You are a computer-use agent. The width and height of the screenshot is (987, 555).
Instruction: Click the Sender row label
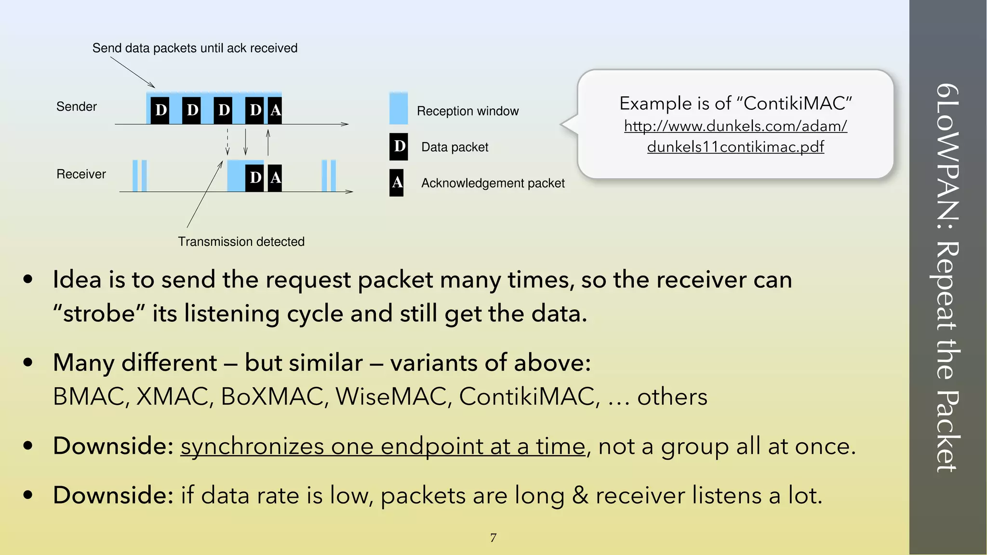[76, 106]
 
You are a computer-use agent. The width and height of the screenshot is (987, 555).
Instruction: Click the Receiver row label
[81, 174]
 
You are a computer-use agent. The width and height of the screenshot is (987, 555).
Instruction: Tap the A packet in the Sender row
[275, 110]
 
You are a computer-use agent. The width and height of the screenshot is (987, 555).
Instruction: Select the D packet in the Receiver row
[255, 178]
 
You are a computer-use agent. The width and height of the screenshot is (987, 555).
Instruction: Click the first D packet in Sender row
[160, 110]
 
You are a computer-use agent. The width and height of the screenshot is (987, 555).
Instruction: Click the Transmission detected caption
[241, 241]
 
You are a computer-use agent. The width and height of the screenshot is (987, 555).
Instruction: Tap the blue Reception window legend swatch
[398, 108]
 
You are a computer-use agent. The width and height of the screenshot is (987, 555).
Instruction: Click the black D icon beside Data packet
[399, 146]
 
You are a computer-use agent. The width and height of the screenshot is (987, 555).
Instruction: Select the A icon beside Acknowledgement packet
[397, 183]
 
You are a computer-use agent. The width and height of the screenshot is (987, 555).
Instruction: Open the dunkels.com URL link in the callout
[735, 136]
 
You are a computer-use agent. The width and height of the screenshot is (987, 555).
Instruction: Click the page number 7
[493, 538]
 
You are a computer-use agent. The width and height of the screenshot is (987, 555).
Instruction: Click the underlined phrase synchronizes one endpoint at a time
[383, 446]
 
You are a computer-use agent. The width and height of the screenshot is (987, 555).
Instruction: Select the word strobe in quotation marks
[99, 314]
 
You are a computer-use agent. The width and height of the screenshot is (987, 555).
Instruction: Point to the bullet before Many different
[28, 362]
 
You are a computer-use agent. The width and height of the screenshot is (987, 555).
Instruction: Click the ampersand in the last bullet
[580, 495]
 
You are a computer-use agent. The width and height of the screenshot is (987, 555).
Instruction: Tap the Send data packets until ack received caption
[195, 48]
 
